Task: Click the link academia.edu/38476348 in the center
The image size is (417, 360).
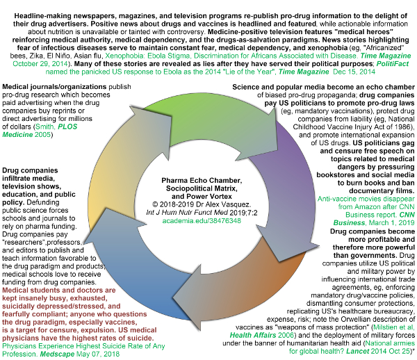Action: pyautogui.click(x=202, y=221)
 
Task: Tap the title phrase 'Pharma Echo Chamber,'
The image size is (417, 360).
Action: pyautogui.click(x=202, y=181)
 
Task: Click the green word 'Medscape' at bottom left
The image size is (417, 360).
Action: pyautogui.click(x=57, y=354)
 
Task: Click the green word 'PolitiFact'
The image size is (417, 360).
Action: pyautogui.click(x=393, y=64)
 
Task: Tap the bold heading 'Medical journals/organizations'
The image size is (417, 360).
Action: pyautogui.click(x=54, y=87)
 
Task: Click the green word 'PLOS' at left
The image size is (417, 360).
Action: pyautogui.click(x=67, y=126)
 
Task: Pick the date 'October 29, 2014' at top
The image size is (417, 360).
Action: pyautogui.click(x=40, y=64)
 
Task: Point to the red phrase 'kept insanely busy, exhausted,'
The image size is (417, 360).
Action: pyautogui.click(x=55, y=298)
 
